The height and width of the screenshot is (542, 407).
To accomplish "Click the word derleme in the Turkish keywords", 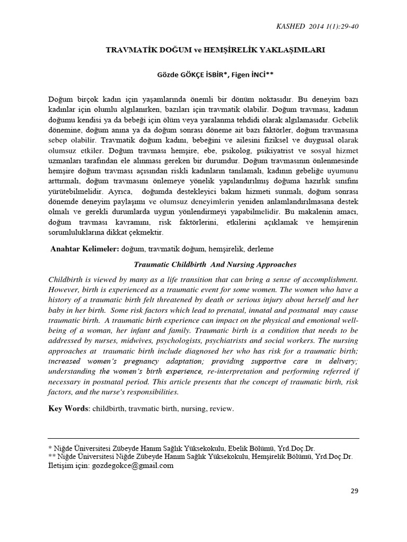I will pos(260,248).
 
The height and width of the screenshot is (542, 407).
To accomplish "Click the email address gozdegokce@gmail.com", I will pos(132,466).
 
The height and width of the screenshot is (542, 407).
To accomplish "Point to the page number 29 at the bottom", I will pos(355,491).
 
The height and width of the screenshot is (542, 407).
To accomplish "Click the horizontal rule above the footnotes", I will pos(203,438).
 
